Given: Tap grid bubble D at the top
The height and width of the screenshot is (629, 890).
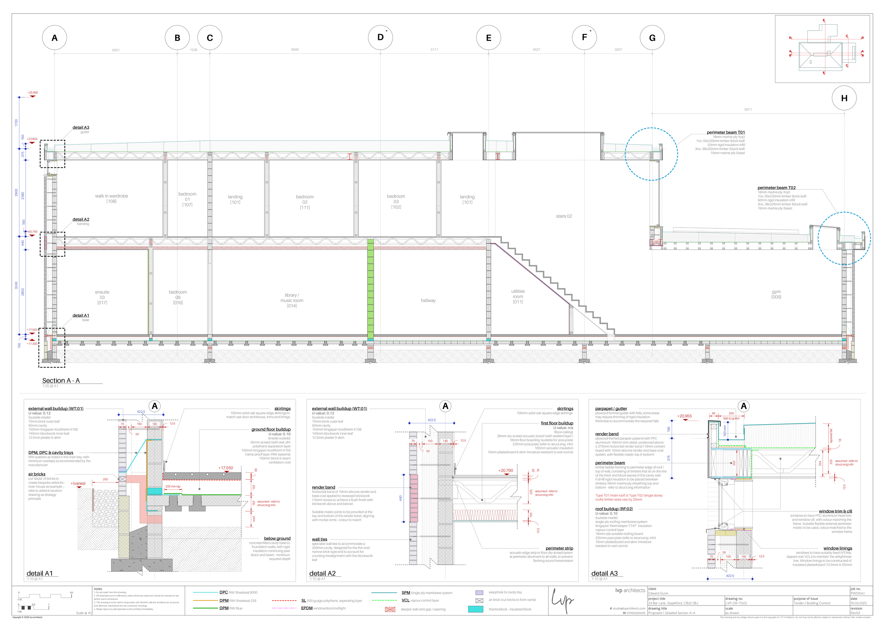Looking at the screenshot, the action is tap(380, 37).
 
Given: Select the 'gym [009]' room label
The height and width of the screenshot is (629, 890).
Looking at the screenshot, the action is tap(776, 294).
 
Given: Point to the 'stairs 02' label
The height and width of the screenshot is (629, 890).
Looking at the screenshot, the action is tap(564, 217).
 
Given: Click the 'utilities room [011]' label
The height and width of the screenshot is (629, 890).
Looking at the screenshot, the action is tap(518, 296).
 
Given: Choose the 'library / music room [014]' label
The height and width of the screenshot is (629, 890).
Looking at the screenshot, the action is tap(292, 301).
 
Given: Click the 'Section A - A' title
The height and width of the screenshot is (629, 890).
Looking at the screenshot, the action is tap(61, 381).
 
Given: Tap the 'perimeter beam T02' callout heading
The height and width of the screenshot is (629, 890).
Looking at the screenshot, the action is tap(776, 188).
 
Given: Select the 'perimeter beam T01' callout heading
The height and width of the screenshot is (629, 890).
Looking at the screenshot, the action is tap(725, 132).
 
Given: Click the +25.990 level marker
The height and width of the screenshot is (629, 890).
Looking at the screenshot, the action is tap(32, 93).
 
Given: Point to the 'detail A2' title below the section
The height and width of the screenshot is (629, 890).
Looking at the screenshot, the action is tap(322, 573).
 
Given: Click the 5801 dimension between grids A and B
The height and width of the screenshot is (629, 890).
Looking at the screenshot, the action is tap(115, 50).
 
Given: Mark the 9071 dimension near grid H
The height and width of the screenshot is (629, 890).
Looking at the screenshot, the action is tap(748, 110).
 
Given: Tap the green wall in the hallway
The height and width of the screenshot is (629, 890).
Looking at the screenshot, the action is tap(370, 289).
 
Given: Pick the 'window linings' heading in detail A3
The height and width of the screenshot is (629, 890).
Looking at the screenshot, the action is tap(838, 549).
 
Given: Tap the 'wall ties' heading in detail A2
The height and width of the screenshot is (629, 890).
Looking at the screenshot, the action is tap(319, 539).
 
